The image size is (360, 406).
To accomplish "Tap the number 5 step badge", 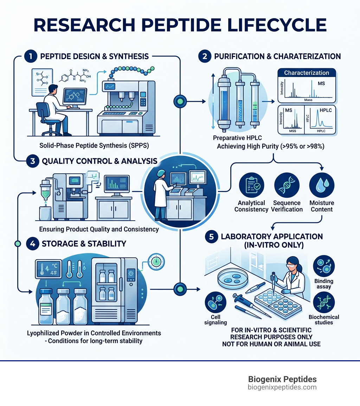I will pyautogui.click(x=211, y=237).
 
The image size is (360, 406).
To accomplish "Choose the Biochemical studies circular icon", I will pyautogui.click(x=323, y=302).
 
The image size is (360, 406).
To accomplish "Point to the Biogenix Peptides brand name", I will pyautogui.click(x=282, y=379).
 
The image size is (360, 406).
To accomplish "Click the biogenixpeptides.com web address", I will pyautogui.click(x=282, y=387).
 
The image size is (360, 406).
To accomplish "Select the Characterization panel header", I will pyautogui.click(x=306, y=73).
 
